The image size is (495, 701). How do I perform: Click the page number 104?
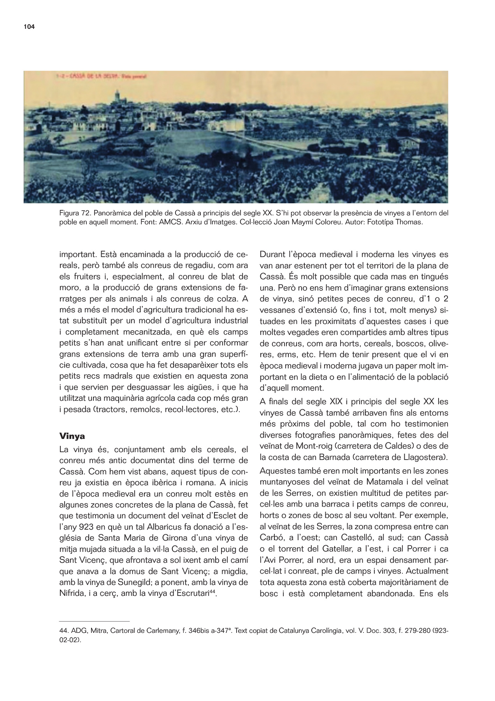click(29, 27)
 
